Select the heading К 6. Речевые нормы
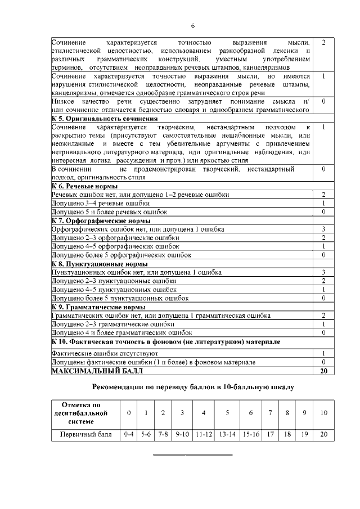click(84, 186)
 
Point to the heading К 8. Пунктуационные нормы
click(100, 264)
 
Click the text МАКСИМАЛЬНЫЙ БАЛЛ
click(97, 371)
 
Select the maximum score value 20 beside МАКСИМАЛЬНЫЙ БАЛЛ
click(323, 371)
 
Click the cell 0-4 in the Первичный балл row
click(129, 435)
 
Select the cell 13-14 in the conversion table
click(227, 435)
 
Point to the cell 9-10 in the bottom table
click(182, 435)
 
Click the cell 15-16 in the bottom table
click(251, 435)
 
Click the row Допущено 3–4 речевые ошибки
click(101, 203)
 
